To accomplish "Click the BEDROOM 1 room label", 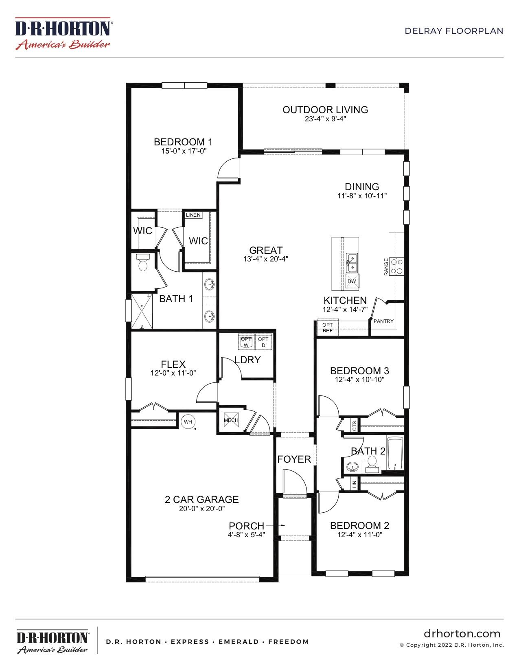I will coord(183,142).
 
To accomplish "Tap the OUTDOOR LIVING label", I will coord(325,110).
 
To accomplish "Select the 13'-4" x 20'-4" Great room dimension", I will coord(266,259).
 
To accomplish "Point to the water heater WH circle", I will coord(188,422).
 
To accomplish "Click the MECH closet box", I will coord(231,420).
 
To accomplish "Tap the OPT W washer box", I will coord(246,342).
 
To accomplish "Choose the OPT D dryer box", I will coord(263,342).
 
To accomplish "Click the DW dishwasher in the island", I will coord(352,281).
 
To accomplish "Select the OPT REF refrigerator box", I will coord(327,328).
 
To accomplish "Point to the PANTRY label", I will coord(383,321).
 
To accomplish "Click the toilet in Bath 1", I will coord(143,264).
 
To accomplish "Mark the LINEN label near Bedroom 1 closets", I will coord(193,215).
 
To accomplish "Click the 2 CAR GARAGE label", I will coord(201,499).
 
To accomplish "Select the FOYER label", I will coord(294,459).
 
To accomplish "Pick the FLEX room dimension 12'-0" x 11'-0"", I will coord(173,373).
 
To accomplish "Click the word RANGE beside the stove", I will coord(386,267).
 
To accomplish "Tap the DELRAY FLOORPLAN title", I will coord(454,31).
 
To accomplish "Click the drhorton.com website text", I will coord(462,633).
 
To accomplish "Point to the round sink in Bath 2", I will coord(352,466).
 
